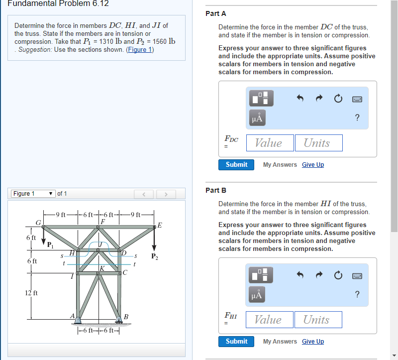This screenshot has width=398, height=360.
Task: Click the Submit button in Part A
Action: pyautogui.click(x=236, y=165)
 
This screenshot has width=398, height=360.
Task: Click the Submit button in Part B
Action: pyautogui.click(x=236, y=342)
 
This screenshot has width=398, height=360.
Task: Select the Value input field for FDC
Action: pyautogui.click(x=269, y=143)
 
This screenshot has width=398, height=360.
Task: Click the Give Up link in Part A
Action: pyautogui.click(x=312, y=165)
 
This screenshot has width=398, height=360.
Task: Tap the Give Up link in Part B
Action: pyautogui.click(x=312, y=342)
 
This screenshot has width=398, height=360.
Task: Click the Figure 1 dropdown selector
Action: pyautogui.click(x=33, y=194)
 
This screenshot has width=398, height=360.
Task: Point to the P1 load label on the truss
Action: pyautogui.click(x=50, y=244)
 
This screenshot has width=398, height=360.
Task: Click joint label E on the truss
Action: pyautogui.click(x=159, y=226)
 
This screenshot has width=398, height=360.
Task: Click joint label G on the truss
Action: pyautogui.click(x=37, y=222)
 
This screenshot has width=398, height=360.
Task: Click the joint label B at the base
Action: pyautogui.click(x=126, y=317)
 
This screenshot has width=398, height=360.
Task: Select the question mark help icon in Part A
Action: pyautogui.click(x=357, y=118)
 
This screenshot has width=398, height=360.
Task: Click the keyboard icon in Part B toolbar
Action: pyautogui.click(x=357, y=275)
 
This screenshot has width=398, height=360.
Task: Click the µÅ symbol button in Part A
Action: pyautogui.click(x=258, y=118)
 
